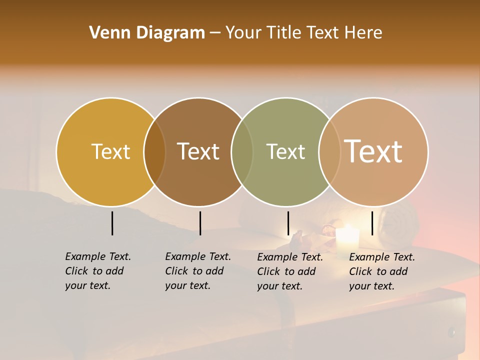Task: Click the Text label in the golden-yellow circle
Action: pos(110,151)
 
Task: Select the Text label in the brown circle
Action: pos(198,151)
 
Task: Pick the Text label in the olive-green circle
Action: pos(285,151)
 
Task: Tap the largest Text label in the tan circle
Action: pos(373,151)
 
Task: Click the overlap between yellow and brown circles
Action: pos(154,151)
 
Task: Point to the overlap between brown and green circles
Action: pos(242,151)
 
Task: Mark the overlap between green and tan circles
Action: pos(329,151)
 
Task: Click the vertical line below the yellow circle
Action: pos(112,223)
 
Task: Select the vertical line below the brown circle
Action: pos(200,223)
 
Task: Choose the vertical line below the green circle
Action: pos(288,223)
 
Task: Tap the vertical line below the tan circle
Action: pos(372,223)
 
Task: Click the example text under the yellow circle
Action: pos(97,271)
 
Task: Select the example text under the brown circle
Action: pos(197,271)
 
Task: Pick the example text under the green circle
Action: pos(289,271)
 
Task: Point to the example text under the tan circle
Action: pos(381,271)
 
